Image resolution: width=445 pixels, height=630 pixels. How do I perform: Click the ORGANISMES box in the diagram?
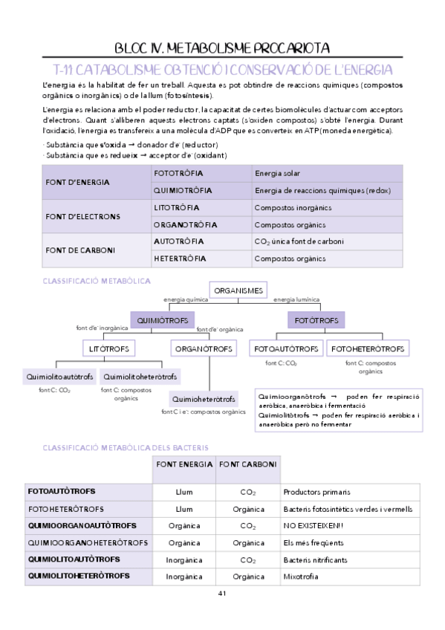pos(238,290)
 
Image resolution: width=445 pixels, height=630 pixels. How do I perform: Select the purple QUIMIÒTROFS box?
pos(163,320)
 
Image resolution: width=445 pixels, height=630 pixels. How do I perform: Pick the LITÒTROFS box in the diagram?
pos(109,348)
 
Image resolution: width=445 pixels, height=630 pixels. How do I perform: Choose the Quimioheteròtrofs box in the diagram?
pos(204,399)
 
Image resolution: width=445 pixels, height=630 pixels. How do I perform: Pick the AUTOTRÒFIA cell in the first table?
pos(178,241)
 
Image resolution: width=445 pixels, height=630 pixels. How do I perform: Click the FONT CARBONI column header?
pos(248,464)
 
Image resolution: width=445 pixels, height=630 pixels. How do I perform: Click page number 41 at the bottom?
pos(222,594)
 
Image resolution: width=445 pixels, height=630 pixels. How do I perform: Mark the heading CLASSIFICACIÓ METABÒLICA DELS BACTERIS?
pos(126,447)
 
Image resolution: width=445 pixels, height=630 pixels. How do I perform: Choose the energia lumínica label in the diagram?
pos(296,299)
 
